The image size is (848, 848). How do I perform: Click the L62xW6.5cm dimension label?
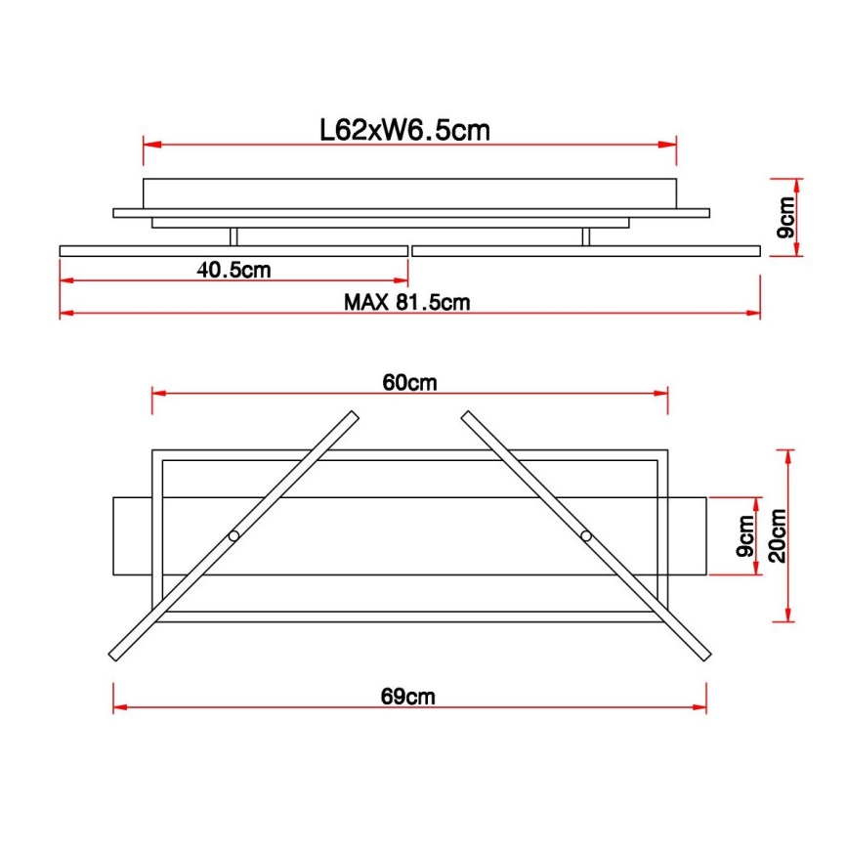click(404, 129)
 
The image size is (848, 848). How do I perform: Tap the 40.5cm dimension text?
click(233, 271)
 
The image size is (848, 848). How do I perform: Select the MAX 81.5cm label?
click(406, 302)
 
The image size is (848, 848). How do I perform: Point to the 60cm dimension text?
click(409, 382)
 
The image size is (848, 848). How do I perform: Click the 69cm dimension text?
click(408, 697)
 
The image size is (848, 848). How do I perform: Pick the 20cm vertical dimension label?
click(778, 535)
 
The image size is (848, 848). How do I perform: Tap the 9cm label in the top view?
click(746, 536)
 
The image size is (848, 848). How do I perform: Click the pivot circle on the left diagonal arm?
click(233, 536)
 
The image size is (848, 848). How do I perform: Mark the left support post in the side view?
click(233, 236)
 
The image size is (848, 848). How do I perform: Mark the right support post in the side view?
click(586, 236)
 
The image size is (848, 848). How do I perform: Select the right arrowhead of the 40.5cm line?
click(401, 280)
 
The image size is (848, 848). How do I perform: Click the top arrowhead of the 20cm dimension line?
click(788, 455)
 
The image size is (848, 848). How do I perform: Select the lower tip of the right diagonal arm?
click(703, 657)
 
